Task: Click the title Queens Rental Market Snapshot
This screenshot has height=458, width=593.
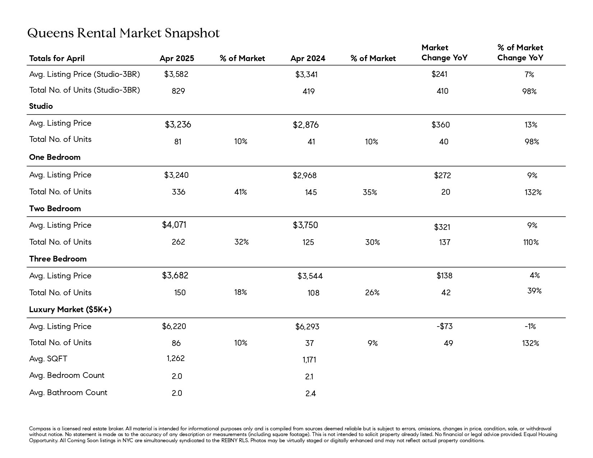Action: pyautogui.click(x=123, y=33)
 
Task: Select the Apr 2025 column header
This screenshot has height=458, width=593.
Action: pyautogui.click(x=177, y=59)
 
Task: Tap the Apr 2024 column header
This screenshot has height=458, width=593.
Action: pyautogui.click(x=308, y=59)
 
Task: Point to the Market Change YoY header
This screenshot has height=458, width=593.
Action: pyautogui.click(x=444, y=53)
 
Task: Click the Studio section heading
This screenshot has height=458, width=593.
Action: pyautogui.click(x=41, y=106)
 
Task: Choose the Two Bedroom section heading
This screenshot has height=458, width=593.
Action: pyautogui.click(x=55, y=209)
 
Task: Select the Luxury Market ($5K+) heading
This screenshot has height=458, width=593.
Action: pyautogui.click(x=70, y=310)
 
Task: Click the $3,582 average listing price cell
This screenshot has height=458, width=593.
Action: pyautogui.click(x=176, y=74)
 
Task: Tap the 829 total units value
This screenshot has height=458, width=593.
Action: pyautogui.click(x=179, y=91)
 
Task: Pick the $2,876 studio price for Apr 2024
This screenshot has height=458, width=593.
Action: pyautogui.click(x=305, y=125)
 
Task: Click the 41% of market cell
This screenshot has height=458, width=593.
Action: pyautogui.click(x=241, y=192)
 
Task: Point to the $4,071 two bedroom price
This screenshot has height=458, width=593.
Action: pyautogui.click(x=174, y=225)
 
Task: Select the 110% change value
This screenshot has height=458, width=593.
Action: pyautogui.click(x=531, y=242)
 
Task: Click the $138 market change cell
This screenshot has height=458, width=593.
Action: pyautogui.click(x=444, y=276)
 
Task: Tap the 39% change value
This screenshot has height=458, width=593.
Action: pyautogui.click(x=534, y=291)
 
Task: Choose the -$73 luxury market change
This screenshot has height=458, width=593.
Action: pyautogui.click(x=445, y=327)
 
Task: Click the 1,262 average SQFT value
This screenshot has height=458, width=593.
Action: pyautogui.click(x=176, y=358)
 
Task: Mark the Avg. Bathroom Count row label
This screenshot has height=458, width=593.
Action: pyautogui.click(x=68, y=393)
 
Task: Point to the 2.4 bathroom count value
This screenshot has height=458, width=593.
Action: pyautogui.click(x=311, y=394)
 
